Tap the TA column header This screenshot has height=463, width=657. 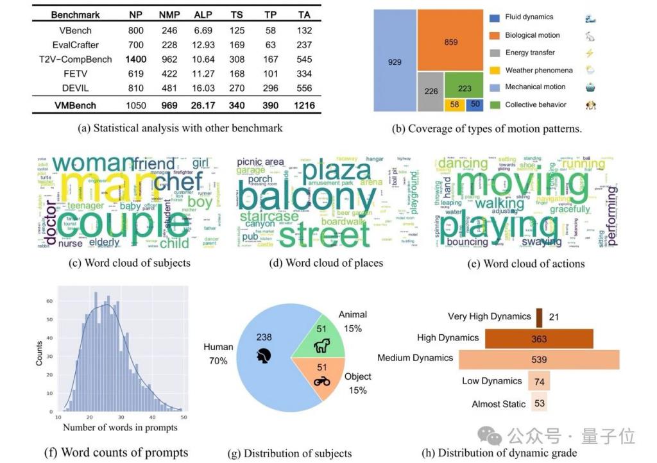305,14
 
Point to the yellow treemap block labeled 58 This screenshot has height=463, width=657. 455,104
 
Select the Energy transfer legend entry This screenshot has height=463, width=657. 530,53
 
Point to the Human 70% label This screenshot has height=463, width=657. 218,354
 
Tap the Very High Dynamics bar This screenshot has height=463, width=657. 539,317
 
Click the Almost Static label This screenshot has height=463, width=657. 499,405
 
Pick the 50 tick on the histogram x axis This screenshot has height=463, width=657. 183,417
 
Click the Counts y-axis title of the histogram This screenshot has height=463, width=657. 39,353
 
